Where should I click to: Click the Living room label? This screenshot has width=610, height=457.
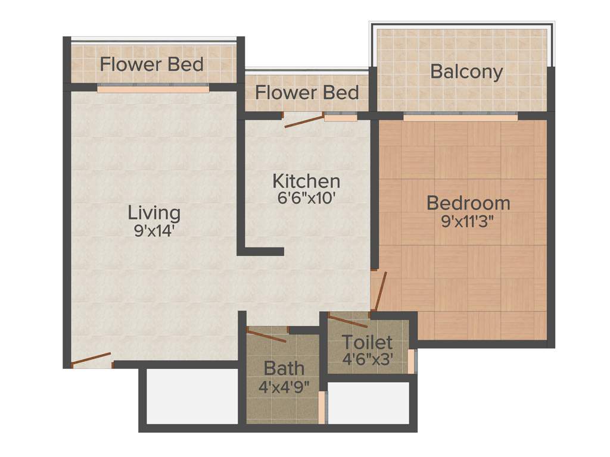pos(154,212)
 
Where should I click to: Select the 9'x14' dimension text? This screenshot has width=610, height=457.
pos(154,231)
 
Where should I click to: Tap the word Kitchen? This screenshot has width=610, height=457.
pos(306,181)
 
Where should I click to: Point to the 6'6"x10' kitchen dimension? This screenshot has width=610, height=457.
pos(307,198)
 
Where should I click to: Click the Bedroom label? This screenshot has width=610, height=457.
pos(468,203)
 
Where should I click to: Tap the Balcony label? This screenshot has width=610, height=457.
pos(466,72)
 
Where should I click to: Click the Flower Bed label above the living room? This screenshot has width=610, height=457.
pos(152,64)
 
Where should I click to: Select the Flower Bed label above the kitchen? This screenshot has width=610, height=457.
pos(307,93)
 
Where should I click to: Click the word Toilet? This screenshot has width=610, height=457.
pos(367,343)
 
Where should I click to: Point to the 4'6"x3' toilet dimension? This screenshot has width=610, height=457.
pos(368,359)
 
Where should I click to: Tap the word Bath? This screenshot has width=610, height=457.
pos(284,368)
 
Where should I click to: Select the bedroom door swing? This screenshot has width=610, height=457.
pos(380,291)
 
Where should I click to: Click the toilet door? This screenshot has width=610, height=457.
pos(348,321)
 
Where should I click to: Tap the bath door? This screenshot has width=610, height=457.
pos(267,335)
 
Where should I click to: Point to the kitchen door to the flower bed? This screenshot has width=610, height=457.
pos(304,121)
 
